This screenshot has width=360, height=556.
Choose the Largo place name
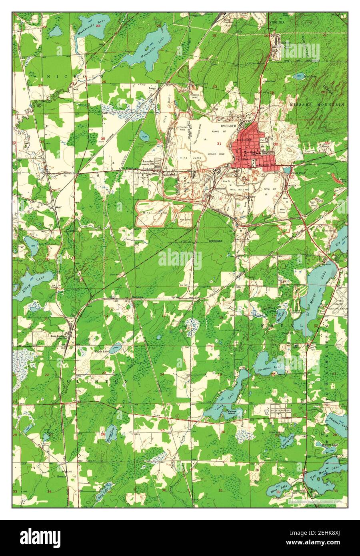pos(152,87)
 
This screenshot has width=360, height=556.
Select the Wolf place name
pos(58,207)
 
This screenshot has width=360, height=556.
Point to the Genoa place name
pos(325,146)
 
